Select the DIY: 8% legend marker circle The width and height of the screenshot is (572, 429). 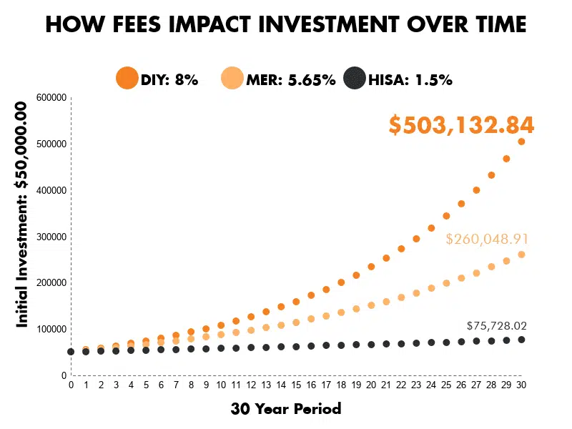pos(127,79)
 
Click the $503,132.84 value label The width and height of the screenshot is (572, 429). pos(461,125)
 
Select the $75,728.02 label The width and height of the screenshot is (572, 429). pos(500,325)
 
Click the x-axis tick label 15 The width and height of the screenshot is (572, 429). pos(296,385)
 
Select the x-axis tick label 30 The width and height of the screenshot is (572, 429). pos(521,385)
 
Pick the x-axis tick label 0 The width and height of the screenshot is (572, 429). pos(71,385)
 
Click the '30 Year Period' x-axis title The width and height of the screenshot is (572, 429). pos(286,409)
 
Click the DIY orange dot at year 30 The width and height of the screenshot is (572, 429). pos(521,142)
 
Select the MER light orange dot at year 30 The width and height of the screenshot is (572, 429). pos(521,255)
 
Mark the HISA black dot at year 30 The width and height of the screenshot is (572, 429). pos(521,340)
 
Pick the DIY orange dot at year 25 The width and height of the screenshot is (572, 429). pos(446,216)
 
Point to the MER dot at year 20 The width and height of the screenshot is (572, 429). pos(371,305)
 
